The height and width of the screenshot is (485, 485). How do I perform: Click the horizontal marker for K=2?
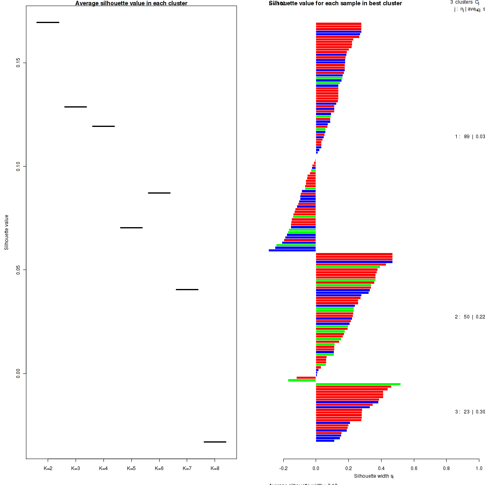point(48,22)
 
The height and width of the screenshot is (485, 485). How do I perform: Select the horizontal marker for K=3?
point(76,107)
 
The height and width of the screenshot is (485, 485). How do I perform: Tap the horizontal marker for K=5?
point(131,228)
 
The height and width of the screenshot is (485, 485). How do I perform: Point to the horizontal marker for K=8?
point(215,442)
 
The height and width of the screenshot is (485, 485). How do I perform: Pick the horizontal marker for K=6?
point(159,193)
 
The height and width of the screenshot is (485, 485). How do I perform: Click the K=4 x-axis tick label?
point(103,468)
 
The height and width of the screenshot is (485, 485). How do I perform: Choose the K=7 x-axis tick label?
point(187,468)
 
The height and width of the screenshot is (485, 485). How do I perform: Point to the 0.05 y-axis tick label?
point(18,270)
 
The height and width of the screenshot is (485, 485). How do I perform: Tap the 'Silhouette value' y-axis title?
point(6,232)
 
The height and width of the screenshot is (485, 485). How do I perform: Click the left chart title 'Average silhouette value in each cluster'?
point(131,3)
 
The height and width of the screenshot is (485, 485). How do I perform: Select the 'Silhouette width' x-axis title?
point(374,476)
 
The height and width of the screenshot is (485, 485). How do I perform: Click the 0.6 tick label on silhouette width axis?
point(414,468)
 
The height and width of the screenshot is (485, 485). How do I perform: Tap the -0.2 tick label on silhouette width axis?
point(283,468)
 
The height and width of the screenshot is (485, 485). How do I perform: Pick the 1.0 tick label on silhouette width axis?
point(479,468)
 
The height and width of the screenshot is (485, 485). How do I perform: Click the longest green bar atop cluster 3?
point(358,384)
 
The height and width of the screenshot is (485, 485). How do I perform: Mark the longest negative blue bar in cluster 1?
point(292,251)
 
